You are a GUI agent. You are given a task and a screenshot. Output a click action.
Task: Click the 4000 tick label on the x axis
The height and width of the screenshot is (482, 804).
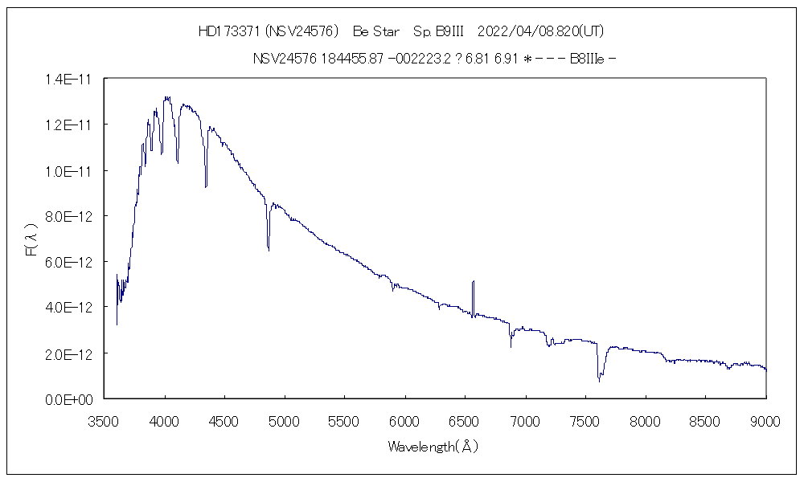(165, 419)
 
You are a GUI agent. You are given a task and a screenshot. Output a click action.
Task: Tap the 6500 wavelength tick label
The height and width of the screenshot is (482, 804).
(466, 419)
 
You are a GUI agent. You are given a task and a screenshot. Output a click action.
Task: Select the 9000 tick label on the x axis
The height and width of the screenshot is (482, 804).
(766, 419)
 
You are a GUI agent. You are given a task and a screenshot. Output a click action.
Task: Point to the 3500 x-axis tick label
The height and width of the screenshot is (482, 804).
(105, 419)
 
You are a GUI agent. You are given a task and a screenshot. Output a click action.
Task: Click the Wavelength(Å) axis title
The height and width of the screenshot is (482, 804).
(433, 447)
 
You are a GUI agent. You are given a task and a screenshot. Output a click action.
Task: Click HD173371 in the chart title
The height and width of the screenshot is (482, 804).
(228, 31)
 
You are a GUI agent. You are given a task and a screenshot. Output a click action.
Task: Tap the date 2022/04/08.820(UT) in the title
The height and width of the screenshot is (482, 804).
(540, 31)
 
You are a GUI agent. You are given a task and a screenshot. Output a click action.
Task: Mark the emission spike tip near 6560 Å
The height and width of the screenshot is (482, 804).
(474, 281)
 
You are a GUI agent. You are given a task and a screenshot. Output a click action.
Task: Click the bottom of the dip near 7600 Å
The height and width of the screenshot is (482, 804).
(598, 379)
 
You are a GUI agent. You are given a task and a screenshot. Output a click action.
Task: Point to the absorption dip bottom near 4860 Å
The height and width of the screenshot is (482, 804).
(269, 251)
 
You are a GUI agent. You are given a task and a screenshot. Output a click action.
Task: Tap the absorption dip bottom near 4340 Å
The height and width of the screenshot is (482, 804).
(206, 187)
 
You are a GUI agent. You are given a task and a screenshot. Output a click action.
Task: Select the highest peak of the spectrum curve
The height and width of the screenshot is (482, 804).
(166, 97)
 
